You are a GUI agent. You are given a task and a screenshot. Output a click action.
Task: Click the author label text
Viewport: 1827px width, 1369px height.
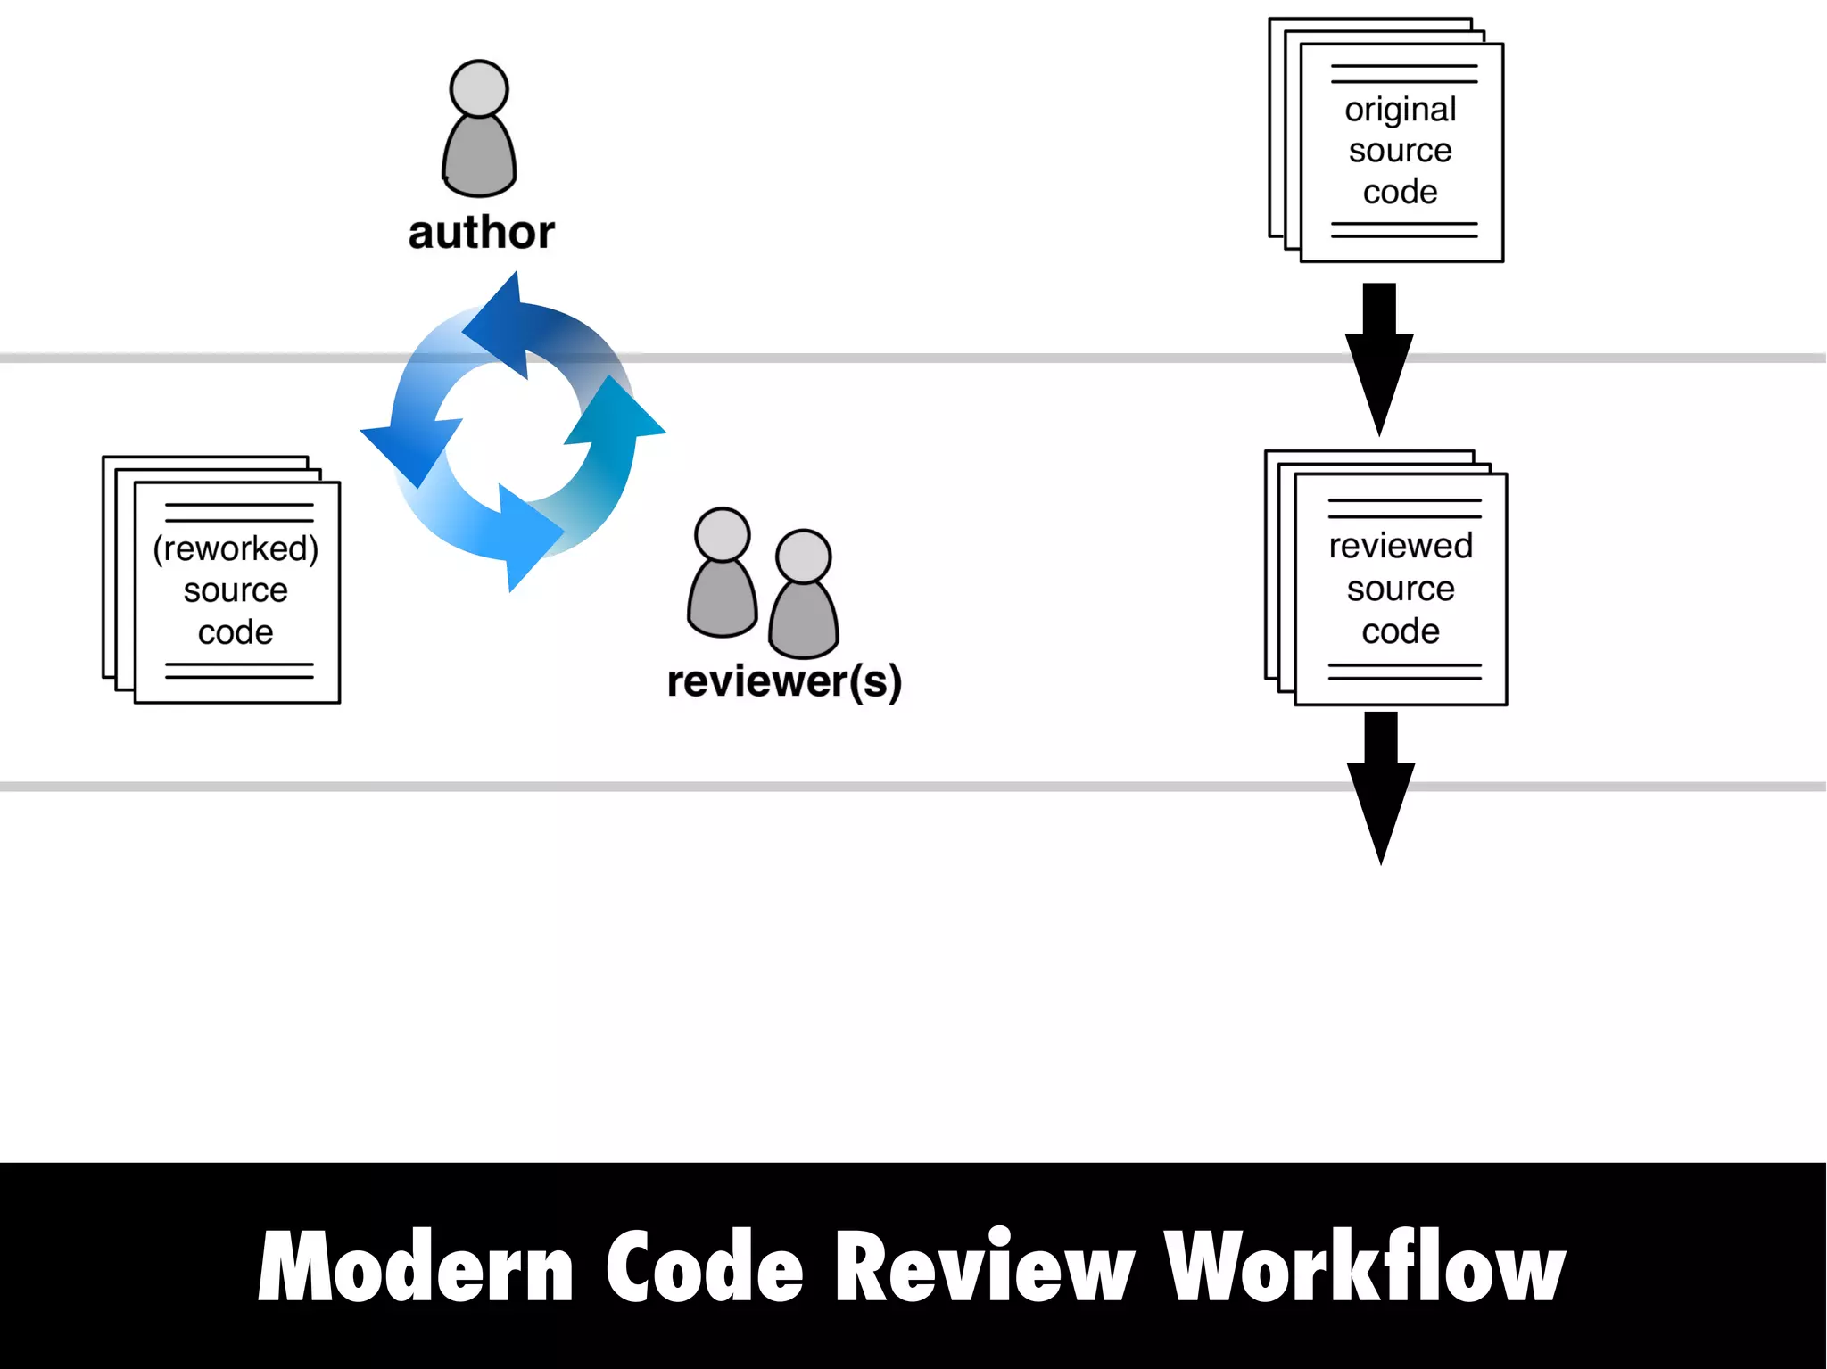pyautogui.click(x=481, y=233)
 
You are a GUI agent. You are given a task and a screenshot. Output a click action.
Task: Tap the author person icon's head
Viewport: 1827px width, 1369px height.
pyautogui.click(x=479, y=88)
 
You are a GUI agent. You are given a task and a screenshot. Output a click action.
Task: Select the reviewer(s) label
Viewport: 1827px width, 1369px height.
pyautogui.click(x=784, y=681)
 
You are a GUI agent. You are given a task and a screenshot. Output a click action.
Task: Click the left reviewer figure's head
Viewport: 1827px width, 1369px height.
pyautogui.click(x=722, y=534)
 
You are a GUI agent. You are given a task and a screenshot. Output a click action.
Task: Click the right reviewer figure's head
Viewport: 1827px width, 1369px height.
pyautogui.click(x=803, y=556)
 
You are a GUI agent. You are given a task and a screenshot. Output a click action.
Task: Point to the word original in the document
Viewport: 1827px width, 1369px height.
pyautogui.click(x=1400, y=109)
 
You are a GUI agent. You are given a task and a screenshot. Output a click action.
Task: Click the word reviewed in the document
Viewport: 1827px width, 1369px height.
pyautogui.click(x=1400, y=546)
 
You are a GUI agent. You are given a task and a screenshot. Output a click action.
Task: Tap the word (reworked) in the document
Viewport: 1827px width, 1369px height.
pyautogui.click(x=236, y=548)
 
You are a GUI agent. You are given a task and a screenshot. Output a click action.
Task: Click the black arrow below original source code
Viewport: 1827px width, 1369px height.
pyautogui.click(x=1379, y=361)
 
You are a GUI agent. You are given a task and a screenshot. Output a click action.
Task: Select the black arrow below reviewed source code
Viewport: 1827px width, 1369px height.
pyautogui.click(x=1380, y=789)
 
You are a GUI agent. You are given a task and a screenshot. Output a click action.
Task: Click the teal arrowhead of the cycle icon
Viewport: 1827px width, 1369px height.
pyautogui.click(x=617, y=414)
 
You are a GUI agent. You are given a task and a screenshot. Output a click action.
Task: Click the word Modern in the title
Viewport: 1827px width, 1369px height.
pyautogui.click(x=416, y=1266)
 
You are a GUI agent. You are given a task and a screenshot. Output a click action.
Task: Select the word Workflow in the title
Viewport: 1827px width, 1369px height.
pyautogui.click(x=1364, y=1266)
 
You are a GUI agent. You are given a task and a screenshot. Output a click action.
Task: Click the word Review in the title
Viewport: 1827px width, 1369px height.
pyautogui.click(x=984, y=1266)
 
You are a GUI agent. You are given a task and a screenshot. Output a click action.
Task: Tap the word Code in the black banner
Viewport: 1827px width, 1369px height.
pyautogui.click(x=705, y=1266)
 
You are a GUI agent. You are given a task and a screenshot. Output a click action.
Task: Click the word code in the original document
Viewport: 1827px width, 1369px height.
pyautogui.click(x=1400, y=192)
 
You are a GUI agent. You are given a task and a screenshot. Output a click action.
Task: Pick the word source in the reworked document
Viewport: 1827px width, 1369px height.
pyautogui.click(x=236, y=590)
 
